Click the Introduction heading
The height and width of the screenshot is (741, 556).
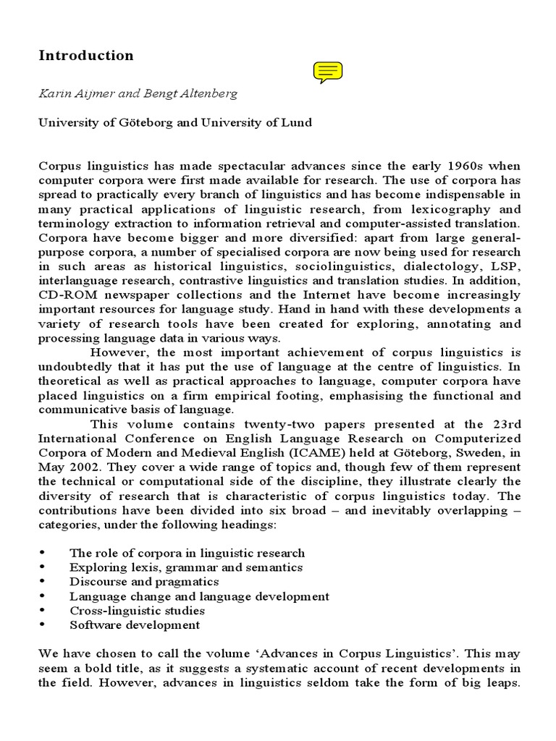[x=85, y=56]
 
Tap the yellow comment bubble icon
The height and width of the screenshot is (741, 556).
[x=327, y=72]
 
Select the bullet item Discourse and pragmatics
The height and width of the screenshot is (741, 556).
[x=144, y=581]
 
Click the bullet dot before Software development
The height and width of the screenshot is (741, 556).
[x=43, y=625]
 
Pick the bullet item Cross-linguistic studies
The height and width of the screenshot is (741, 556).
[x=135, y=611]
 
